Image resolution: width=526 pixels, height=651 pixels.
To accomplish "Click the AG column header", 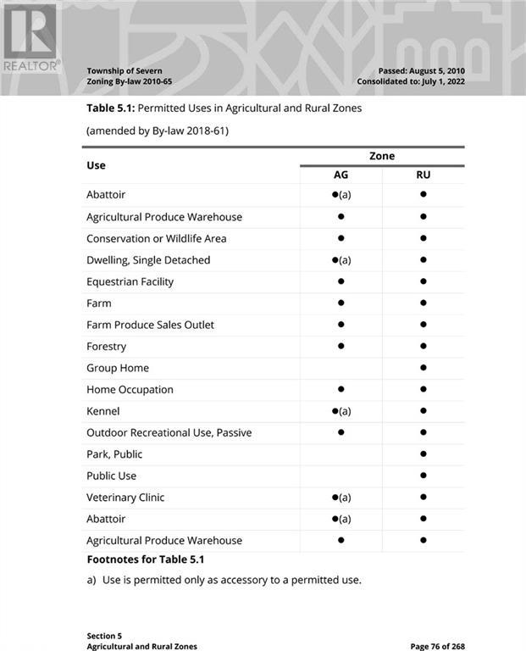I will [341, 175].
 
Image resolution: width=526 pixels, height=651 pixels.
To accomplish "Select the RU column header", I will [423, 175].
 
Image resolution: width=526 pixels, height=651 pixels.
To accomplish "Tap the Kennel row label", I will [103, 411].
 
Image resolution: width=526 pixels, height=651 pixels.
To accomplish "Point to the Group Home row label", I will [118, 368].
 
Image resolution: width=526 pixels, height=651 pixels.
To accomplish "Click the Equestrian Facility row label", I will [130, 281].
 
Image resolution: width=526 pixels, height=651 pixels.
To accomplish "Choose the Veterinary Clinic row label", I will [125, 498].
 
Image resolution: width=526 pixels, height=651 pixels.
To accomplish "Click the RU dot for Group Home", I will [423, 368].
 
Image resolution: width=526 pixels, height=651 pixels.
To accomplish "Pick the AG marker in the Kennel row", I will [341, 411].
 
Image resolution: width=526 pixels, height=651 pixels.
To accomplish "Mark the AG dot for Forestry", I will [341, 346].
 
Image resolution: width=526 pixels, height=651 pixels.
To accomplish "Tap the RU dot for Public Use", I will [423, 476].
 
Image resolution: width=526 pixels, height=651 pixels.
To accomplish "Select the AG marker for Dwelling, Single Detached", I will [341, 260].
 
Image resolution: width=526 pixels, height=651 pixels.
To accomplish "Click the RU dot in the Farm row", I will [423, 303].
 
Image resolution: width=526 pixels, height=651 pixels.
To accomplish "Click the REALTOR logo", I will [30, 37].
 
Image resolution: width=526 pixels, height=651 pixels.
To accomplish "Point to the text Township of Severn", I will [125, 70].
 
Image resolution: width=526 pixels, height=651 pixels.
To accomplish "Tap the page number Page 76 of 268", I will [437, 647].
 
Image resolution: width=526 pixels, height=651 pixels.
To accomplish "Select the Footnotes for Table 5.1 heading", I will [145, 559].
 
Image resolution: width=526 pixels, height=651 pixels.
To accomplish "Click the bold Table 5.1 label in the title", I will [110, 108].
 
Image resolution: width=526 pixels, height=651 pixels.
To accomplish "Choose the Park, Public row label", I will [114, 454].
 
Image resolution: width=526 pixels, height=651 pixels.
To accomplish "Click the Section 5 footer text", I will [104, 635].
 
